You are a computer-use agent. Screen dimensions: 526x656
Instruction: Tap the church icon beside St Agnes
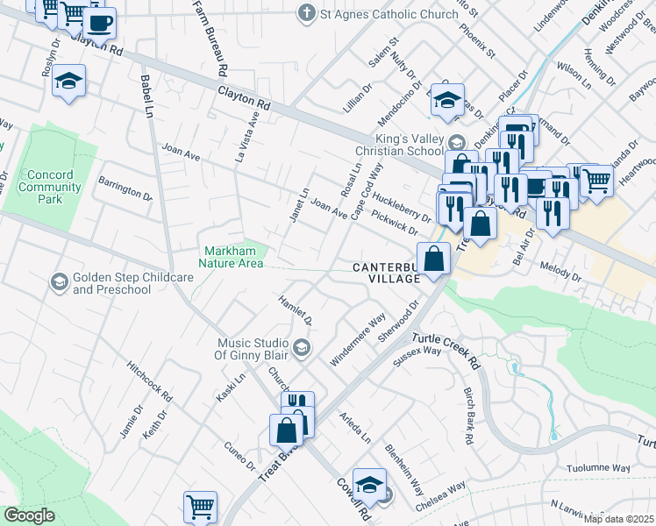[x=306, y=13]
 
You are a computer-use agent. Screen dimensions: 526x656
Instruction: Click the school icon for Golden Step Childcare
[x=59, y=281]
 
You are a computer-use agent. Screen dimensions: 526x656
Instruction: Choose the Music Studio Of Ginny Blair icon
[x=301, y=349]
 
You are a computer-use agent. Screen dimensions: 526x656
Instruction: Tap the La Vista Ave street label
[x=246, y=137]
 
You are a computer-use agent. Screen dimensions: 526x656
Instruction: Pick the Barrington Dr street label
[x=125, y=188]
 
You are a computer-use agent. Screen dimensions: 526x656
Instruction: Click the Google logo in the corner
[x=30, y=515]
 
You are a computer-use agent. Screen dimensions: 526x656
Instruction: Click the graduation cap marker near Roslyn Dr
[x=68, y=81]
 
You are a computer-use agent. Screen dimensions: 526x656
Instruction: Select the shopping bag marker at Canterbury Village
[x=434, y=258]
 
